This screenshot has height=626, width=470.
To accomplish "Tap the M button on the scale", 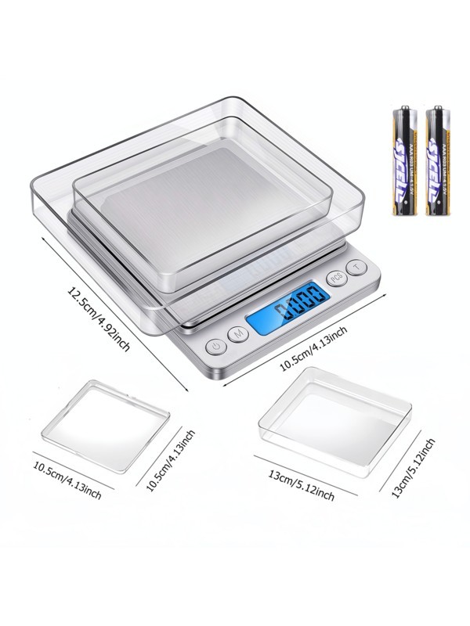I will (238, 333).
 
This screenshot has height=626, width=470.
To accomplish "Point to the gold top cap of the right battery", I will (437, 110).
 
